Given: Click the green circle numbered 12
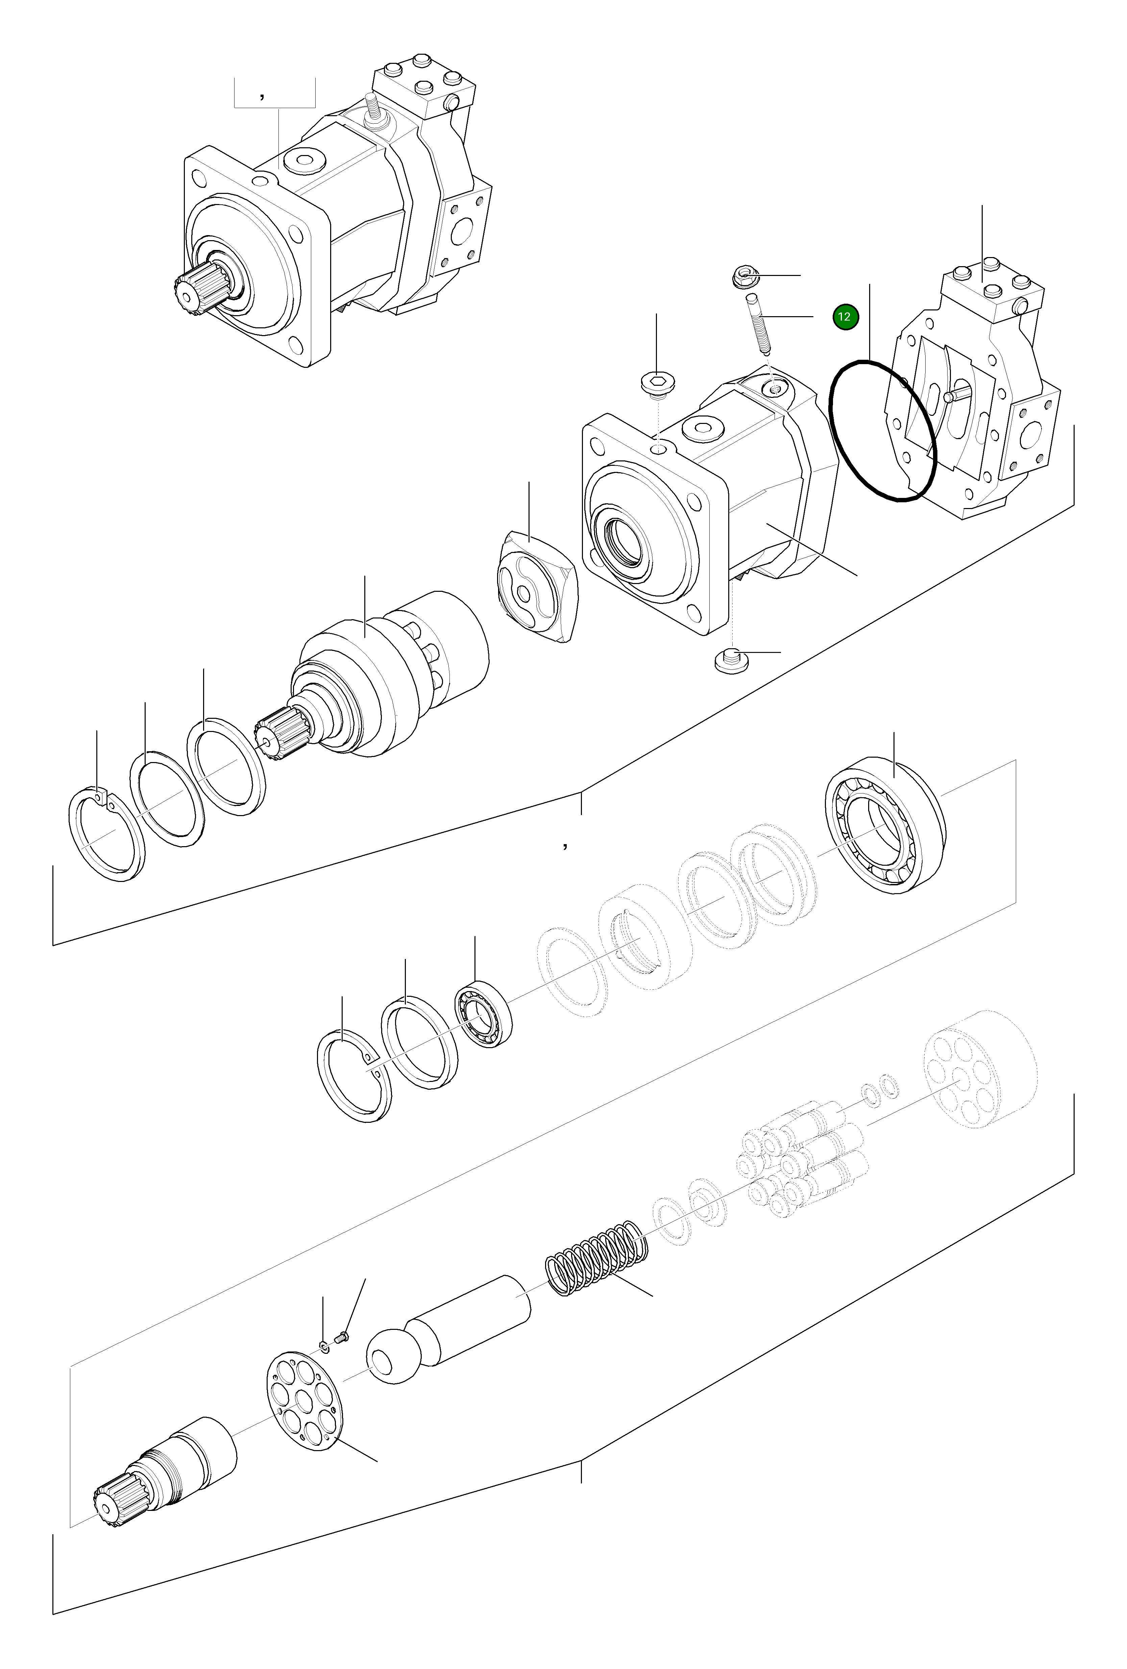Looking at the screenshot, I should (846, 317).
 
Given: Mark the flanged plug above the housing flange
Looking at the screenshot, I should (656, 384).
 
